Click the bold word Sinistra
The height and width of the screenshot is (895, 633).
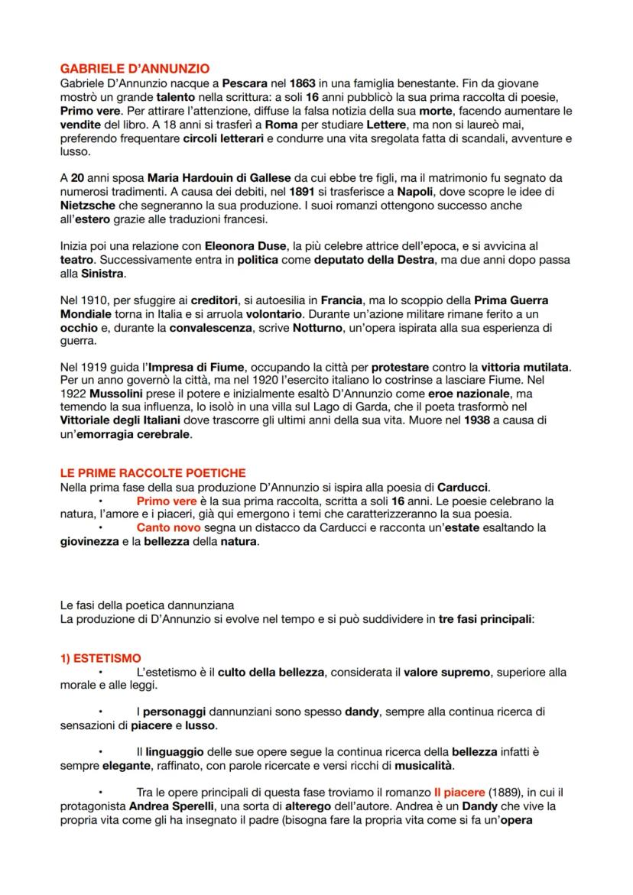102,274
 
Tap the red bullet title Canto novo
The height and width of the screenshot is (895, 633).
169,528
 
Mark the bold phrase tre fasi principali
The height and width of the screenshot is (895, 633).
485,618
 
